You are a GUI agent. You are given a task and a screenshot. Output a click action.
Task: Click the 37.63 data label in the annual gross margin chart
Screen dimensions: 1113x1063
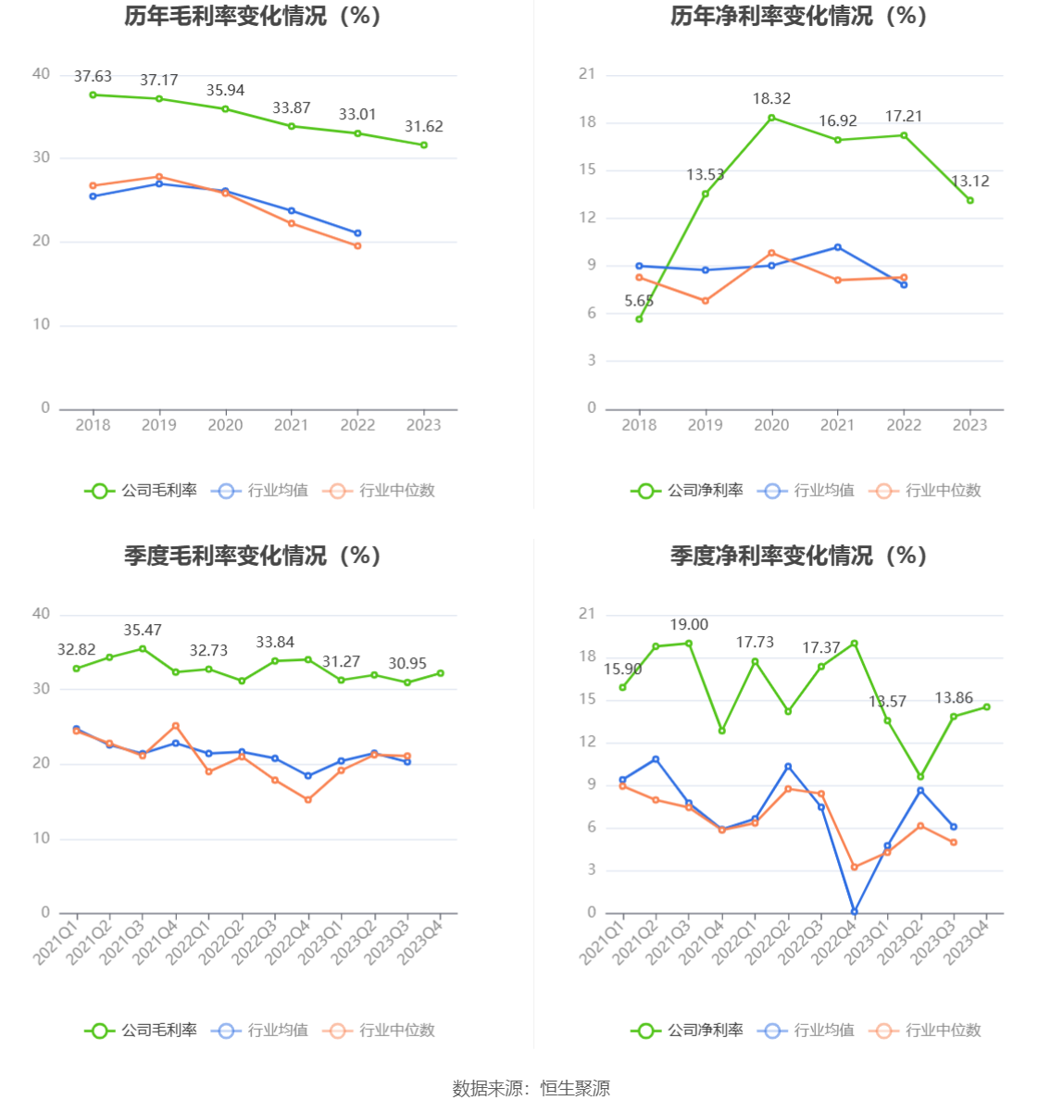pos(93,77)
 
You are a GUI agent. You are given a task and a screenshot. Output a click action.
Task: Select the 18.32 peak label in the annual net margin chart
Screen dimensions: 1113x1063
pos(771,99)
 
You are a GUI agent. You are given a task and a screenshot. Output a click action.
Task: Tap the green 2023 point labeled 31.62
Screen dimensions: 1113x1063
pos(424,145)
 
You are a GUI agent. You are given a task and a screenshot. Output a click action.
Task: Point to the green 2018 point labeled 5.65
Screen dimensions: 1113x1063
pos(639,319)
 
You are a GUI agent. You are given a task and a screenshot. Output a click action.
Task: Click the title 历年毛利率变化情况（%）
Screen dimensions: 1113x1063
pos(253,17)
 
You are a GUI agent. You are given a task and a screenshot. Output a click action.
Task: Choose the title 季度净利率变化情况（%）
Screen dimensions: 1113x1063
pos(798,556)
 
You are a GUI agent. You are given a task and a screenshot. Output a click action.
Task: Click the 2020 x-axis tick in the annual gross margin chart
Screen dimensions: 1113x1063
pos(225,425)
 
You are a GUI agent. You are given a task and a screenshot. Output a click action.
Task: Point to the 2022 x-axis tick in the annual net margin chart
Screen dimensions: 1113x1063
pos(904,425)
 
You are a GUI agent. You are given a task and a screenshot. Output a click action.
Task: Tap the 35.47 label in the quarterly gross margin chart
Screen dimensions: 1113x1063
pos(143,631)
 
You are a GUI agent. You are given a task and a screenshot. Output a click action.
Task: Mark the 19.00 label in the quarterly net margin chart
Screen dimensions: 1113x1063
pos(689,625)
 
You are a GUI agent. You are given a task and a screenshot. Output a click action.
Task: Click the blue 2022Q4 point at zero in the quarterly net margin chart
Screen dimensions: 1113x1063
pos(855,912)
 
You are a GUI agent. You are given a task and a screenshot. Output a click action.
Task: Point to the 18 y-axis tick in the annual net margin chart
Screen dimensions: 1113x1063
pos(588,122)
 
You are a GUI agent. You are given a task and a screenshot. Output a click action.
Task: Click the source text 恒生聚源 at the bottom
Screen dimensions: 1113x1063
pos(575,1089)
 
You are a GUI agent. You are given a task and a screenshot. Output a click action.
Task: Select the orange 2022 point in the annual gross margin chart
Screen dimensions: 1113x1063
pos(357,246)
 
